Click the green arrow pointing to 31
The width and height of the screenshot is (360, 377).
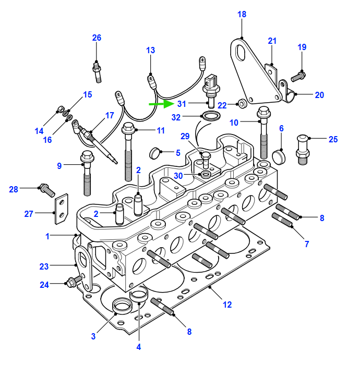(x=161, y=104)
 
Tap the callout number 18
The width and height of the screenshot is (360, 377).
(x=242, y=14)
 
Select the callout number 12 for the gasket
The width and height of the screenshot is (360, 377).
(x=227, y=305)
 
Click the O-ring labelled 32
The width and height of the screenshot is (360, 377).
(x=211, y=116)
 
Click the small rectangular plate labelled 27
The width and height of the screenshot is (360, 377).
(x=62, y=209)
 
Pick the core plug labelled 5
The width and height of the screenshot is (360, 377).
(x=154, y=153)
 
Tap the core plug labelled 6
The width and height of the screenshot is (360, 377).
(x=279, y=156)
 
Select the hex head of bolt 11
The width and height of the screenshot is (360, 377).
(x=128, y=128)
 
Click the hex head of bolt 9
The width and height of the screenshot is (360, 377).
(x=87, y=156)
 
